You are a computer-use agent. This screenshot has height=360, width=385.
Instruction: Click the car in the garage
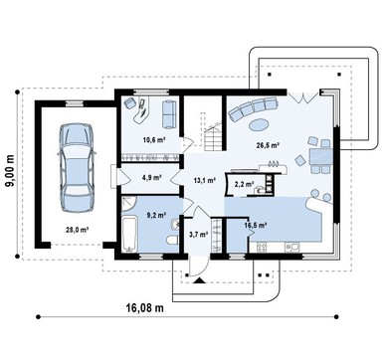77,168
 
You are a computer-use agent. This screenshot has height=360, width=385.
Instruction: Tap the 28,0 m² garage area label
77,229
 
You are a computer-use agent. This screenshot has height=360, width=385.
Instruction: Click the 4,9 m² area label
151,177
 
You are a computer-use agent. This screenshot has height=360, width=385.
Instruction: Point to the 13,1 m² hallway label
205,180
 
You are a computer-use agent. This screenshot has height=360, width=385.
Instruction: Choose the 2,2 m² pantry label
245,184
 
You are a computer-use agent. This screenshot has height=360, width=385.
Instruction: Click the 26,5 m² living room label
268,145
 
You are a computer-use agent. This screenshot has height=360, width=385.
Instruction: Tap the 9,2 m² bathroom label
156,215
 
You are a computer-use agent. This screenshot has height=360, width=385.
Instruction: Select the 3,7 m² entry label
199,235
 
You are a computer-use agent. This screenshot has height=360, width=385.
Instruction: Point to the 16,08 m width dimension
145,307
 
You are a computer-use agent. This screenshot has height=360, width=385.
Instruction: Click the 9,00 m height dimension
10,171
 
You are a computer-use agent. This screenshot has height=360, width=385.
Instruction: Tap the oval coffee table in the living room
259,125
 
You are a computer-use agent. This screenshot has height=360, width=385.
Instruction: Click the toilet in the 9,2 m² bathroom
172,240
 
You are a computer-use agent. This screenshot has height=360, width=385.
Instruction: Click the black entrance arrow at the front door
199,280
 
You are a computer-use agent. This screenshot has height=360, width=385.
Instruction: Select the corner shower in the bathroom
129,204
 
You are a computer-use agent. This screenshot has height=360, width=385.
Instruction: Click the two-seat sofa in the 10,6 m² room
169,114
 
